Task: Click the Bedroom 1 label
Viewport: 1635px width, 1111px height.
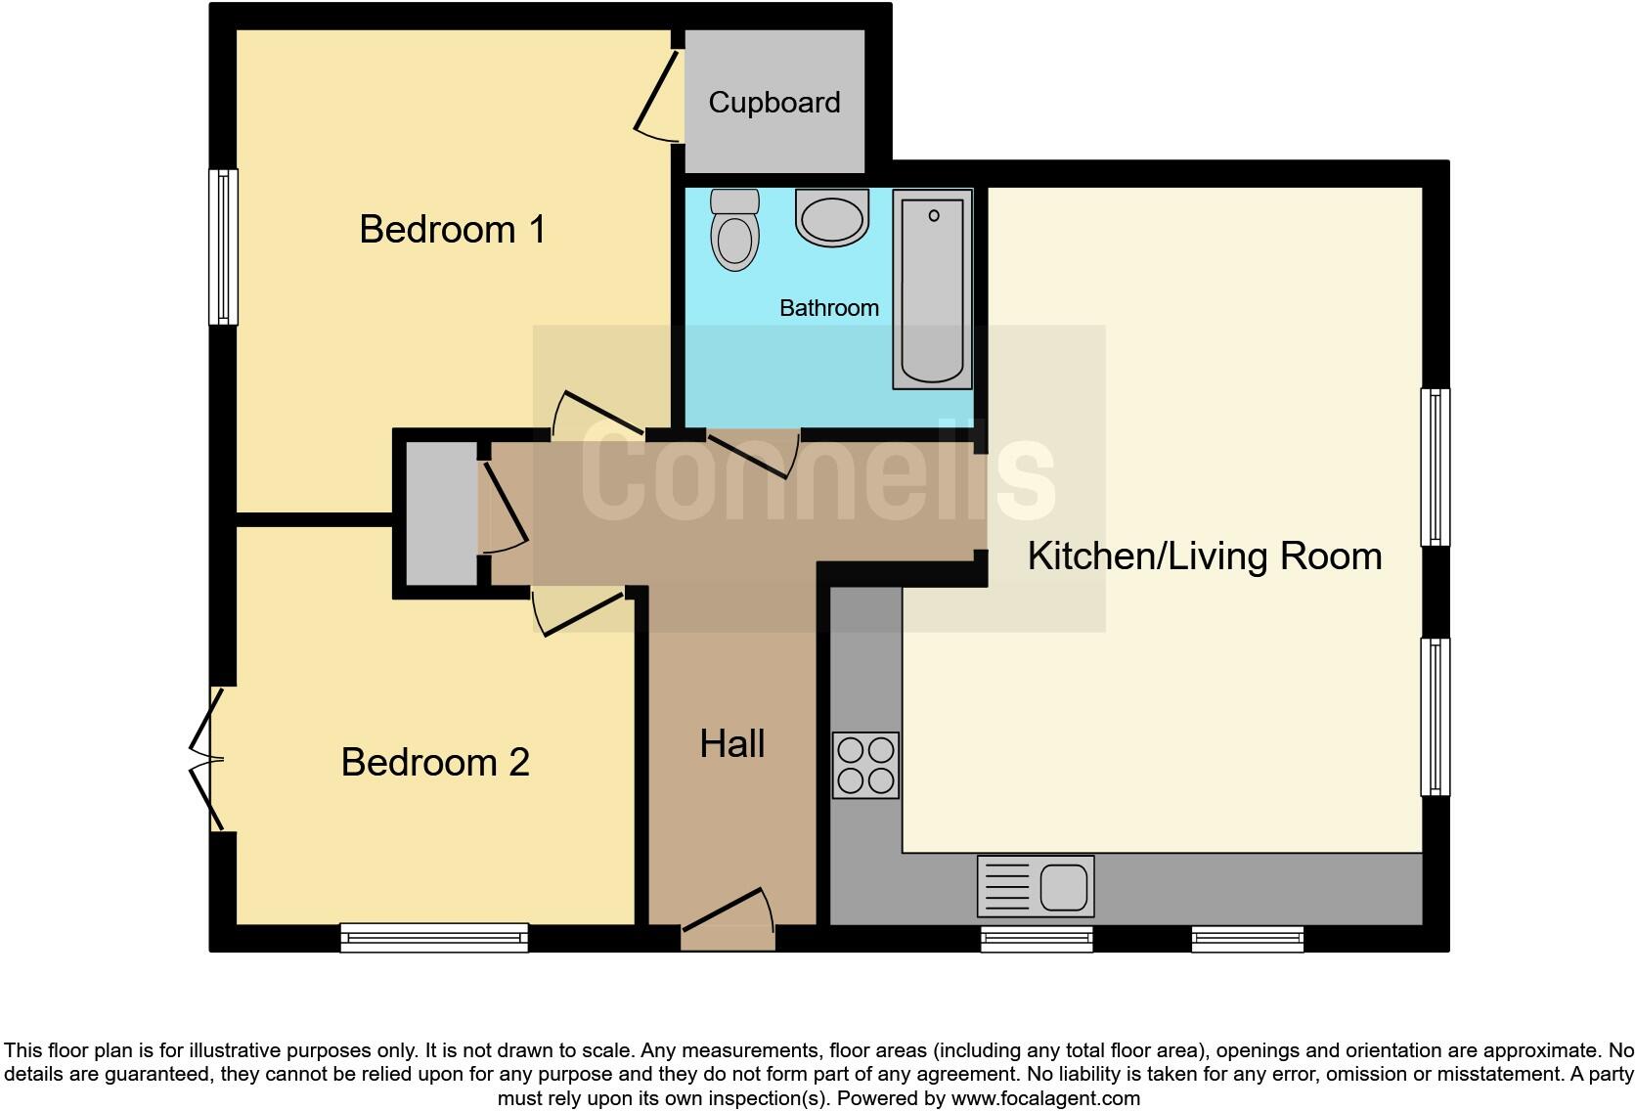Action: pyautogui.click(x=452, y=230)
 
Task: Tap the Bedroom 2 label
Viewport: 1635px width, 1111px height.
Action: pyautogui.click(x=435, y=762)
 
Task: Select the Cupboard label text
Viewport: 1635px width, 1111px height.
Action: pyautogui.click(x=773, y=103)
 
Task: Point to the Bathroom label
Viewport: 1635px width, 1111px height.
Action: pyautogui.click(x=828, y=308)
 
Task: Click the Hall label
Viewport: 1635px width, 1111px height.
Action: pyautogui.click(x=731, y=744)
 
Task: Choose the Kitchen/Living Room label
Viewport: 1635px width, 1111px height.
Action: pyautogui.click(x=1204, y=556)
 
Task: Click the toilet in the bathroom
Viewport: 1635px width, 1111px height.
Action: pyautogui.click(x=734, y=231)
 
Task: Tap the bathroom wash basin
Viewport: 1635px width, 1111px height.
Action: pyautogui.click(x=831, y=218)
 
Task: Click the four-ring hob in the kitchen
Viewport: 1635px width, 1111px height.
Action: pyautogui.click(x=865, y=765)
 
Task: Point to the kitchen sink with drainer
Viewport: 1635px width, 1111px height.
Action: pyautogui.click(x=1036, y=886)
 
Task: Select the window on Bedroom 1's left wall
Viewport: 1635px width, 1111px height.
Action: pyautogui.click(x=224, y=246)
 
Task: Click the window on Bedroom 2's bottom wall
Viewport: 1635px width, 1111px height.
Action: pyautogui.click(x=434, y=937)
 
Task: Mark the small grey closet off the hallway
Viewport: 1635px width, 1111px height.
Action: pyautogui.click(x=441, y=513)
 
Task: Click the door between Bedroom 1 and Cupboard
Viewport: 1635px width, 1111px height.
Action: pyautogui.click(x=656, y=96)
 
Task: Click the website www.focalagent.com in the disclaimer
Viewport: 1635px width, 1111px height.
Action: pyautogui.click(x=1044, y=1098)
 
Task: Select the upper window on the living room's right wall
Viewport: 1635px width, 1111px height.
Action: pyautogui.click(x=1434, y=467)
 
